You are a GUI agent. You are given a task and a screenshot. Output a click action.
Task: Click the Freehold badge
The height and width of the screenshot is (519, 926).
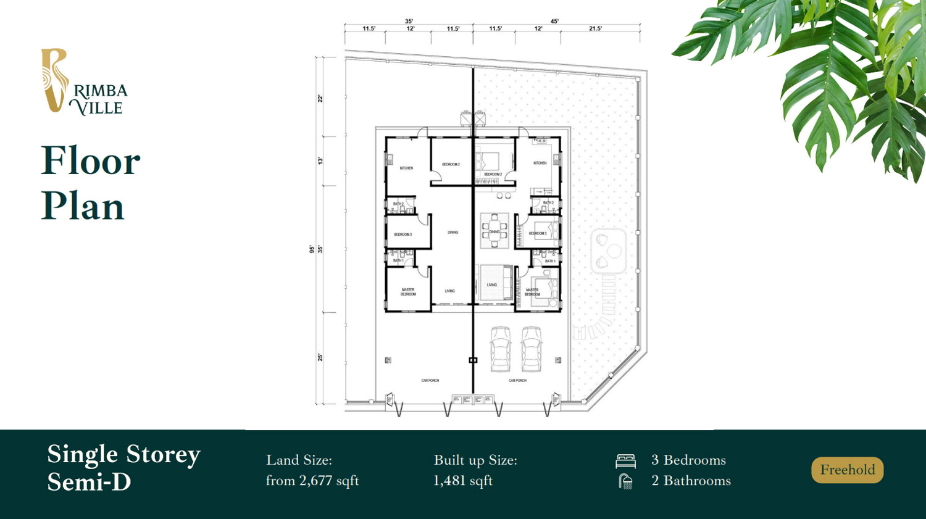847,470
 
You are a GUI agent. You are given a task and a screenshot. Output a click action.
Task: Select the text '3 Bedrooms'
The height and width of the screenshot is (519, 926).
688,460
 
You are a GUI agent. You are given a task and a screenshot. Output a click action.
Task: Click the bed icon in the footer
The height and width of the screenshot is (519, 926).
625,461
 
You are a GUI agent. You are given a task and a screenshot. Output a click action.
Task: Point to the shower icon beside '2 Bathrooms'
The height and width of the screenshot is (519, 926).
625,481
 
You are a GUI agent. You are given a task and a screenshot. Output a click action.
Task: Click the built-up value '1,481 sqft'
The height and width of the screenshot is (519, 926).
463,481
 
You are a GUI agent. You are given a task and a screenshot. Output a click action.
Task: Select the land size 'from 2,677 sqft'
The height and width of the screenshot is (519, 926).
312,481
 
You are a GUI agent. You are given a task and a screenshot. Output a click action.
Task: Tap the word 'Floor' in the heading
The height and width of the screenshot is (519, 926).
91,161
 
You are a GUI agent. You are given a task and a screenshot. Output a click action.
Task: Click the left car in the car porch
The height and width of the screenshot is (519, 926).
501,349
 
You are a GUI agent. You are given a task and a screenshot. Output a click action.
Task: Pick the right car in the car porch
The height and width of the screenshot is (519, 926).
531,349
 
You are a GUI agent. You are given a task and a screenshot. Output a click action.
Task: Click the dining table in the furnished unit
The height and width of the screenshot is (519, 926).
494,231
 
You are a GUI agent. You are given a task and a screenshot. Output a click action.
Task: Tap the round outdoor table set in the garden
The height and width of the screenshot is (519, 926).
609,251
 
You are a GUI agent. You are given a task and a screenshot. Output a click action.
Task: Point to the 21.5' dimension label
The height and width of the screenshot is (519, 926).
595,28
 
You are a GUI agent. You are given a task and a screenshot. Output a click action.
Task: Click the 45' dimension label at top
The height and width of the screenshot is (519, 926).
554,21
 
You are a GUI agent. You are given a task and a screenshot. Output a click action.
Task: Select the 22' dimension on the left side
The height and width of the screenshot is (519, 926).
320,98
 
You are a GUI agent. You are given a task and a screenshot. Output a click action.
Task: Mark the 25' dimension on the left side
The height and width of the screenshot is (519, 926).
320,357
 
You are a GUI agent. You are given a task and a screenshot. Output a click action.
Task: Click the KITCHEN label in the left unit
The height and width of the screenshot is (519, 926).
406,168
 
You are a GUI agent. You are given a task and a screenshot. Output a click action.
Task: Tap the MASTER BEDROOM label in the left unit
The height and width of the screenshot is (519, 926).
408,292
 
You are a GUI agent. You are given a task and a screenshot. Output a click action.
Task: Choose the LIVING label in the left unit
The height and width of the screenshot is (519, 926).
450,291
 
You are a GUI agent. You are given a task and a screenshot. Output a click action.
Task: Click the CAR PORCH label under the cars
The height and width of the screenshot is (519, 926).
517,380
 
